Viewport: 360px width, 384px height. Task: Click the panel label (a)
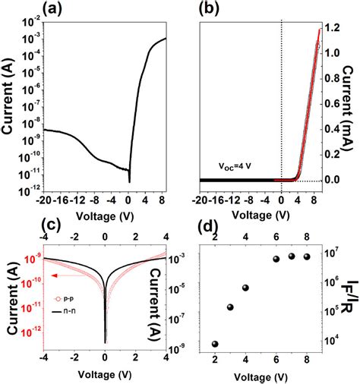(x=61, y=9)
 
